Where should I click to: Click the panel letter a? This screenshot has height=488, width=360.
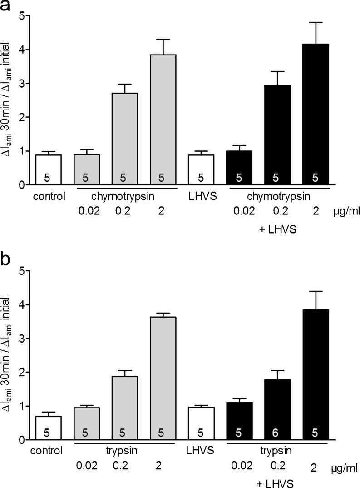point(7,7)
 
